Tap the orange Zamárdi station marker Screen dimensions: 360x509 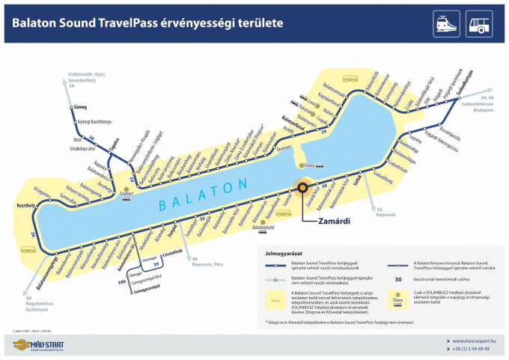pos(304,189)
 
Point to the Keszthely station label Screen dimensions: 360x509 pos(27,204)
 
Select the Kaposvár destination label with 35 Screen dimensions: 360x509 pos(386,211)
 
